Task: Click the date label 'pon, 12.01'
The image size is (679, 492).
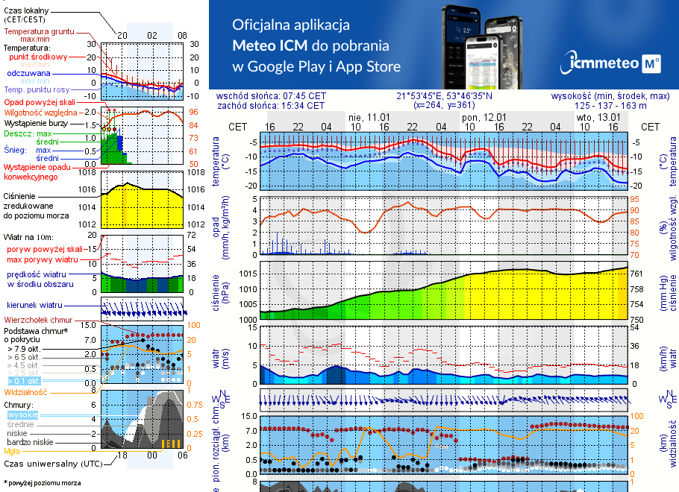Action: click(484, 118)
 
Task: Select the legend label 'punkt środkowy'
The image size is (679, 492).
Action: click(38, 57)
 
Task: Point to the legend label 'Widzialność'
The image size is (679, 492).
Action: click(26, 391)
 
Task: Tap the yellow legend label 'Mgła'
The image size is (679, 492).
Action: click(12, 451)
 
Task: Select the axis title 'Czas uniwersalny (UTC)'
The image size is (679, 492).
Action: click(53, 464)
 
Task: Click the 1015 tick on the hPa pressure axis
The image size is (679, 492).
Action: click(247, 274)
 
